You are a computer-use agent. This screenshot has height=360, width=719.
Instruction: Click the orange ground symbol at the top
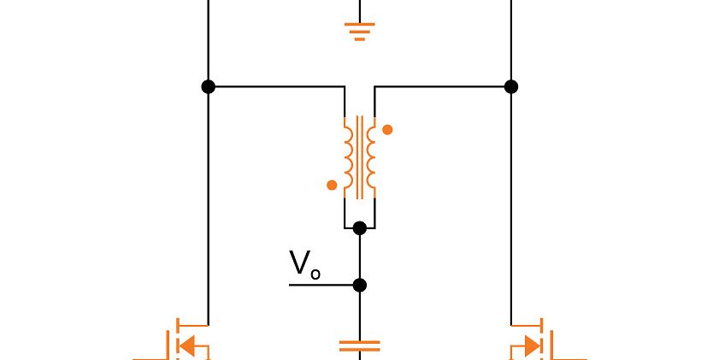pos(360,32)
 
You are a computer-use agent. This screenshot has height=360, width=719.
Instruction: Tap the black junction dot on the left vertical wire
pos(208,86)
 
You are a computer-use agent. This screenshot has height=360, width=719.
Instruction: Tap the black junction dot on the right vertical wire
pos(511,86)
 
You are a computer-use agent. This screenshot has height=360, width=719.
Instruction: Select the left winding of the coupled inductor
pos(348,157)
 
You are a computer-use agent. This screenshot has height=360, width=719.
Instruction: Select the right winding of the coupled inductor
pos(372,157)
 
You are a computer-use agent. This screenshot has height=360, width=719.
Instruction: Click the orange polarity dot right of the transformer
pos(387,130)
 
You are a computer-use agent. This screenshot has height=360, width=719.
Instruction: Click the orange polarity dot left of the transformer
pos(332,185)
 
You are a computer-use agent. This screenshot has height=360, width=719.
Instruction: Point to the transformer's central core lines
pos(360,157)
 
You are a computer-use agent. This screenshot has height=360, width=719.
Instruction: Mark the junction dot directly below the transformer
pos(360,227)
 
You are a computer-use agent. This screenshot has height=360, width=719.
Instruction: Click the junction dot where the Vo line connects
pos(360,285)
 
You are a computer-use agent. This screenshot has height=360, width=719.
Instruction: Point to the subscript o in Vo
pos(315,274)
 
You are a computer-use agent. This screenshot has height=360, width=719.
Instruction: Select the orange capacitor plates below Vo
pos(360,346)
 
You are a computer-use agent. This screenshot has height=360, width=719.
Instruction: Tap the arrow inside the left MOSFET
pos(196,346)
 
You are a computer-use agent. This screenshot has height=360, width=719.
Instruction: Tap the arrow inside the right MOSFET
pos(524,346)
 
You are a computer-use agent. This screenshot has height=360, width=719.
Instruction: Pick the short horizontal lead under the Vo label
pos(321,285)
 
